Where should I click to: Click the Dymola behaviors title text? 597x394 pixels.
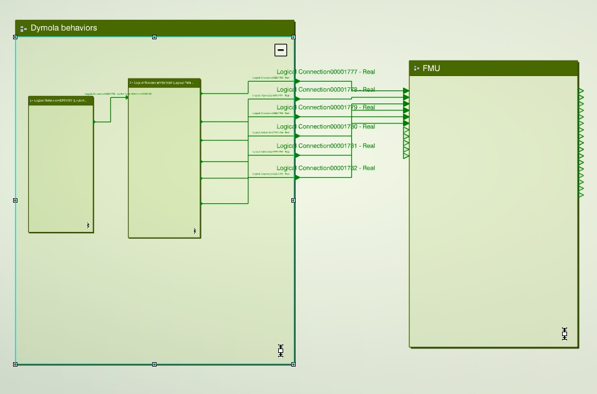pyautogui.click(x=64, y=28)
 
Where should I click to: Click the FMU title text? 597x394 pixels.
pyautogui.click(x=431, y=69)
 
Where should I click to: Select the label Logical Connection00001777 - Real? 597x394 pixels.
pyautogui.click(x=326, y=72)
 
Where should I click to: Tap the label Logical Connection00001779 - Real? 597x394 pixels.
pyautogui.click(x=326, y=108)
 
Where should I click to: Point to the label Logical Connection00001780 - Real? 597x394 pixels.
pyautogui.click(x=326, y=127)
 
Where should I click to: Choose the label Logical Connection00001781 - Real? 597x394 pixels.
pyautogui.click(x=326, y=147)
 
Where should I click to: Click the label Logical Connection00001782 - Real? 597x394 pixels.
pyautogui.click(x=326, y=168)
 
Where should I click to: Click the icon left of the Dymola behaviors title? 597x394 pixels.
pyautogui.click(x=24, y=29)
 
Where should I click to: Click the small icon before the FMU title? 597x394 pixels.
pyautogui.click(x=416, y=69)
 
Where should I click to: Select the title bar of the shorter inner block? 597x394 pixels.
pyautogui.click(x=61, y=100)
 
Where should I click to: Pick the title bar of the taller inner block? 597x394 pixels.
pyautogui.click(x=164, y=83)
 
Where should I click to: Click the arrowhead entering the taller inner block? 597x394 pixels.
pyautogui.click(x=127, y=97)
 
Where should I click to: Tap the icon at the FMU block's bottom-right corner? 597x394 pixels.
pyautogui.click(x=565, y=334)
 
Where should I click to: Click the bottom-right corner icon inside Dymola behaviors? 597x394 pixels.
pyautogui.click(x=281, y=350)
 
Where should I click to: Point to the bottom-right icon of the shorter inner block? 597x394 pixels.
pyautogui.click(x=88, y=226)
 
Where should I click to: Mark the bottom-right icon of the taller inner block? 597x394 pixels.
pyautogui.click(x=195, y=231)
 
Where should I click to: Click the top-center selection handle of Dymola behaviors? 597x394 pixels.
pyautogui.click(x=155, y=37)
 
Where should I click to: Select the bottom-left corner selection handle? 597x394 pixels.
pyautogui.click(x=16, y=364)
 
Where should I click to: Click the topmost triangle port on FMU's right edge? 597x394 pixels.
pyautogui.click(x=581, y=92)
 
